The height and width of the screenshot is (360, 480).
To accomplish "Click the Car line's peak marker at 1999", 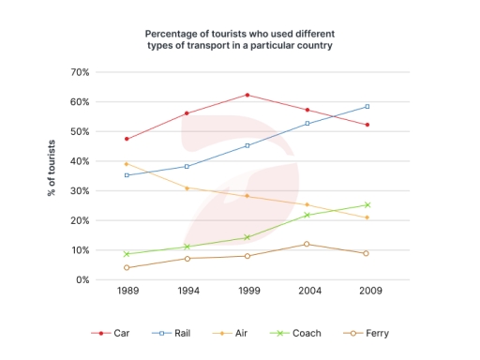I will [x=247, y=95].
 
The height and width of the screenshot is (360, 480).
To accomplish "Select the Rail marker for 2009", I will [x=367, y=106].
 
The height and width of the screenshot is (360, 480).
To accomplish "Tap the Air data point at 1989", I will [x=127, y=163].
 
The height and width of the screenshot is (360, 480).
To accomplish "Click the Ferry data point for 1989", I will [x=127, y=268].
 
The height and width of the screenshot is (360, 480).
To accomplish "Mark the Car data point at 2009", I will [x=367, y=125].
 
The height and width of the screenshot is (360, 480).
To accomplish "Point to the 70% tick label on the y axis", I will [x=80, y=72].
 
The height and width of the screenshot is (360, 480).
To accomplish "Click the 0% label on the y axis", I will [x=82, y=280].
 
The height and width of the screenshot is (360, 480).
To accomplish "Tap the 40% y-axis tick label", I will [x=80, y=161].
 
